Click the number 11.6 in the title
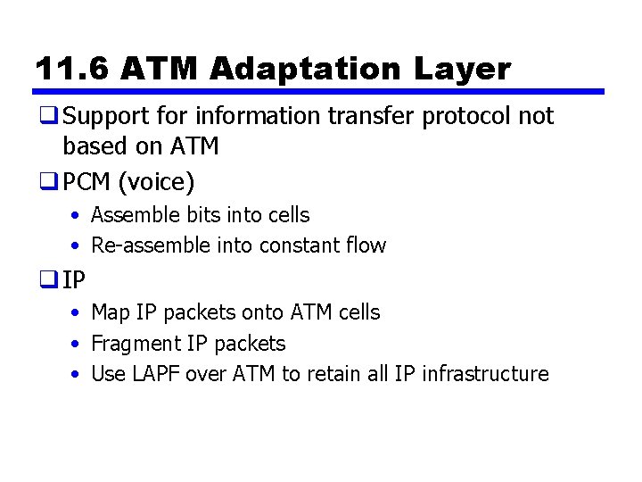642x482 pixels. (x=72, y=69)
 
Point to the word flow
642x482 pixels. (x=366, y=245)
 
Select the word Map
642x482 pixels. (x=111, y=312)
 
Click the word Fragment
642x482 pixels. (x=136, y=344)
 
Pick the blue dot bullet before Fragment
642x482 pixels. (x=77, y=344)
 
